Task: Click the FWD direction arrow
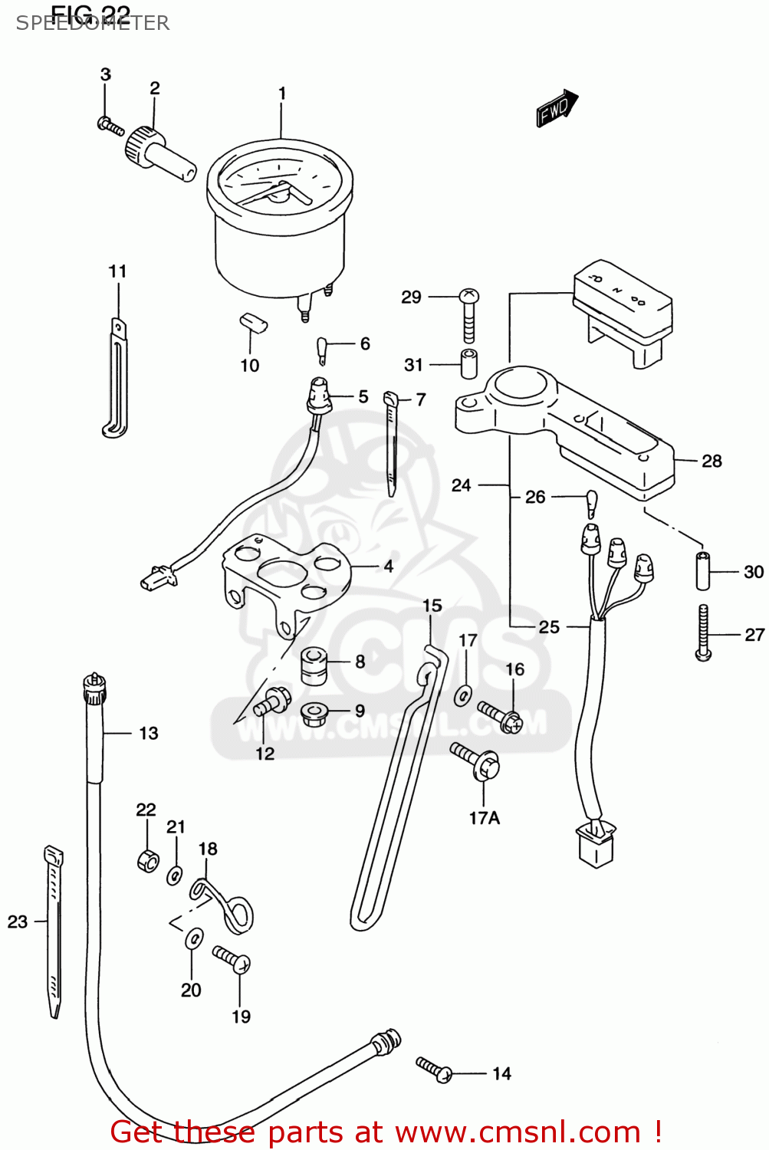[557, 108]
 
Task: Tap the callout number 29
[411, 297]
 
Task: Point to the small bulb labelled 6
[324, 349]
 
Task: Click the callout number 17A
[484, 818]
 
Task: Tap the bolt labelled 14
[435, 1069]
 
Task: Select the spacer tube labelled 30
[703, 570]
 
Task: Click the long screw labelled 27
[703, 632]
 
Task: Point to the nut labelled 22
[148, 860]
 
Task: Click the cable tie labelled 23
[53, 932]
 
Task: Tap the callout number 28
[711, 461]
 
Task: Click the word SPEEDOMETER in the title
[92, 23]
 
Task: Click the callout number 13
[148, 734]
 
